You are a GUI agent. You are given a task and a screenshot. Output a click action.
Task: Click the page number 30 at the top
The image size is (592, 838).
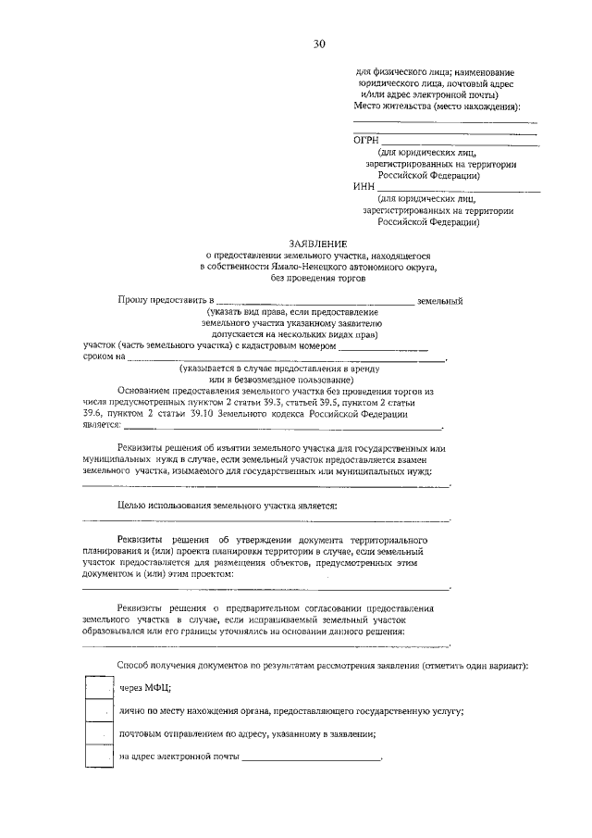pyautogui.click(x=319, y=44)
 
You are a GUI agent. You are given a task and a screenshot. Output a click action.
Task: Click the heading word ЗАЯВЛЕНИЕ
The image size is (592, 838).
pyautogui.click(x=319, y=243)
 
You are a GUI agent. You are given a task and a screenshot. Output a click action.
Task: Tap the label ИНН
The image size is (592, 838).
pyautogui.click(x=364, y=186)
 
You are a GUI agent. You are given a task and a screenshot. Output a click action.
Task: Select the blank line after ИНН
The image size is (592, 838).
pyautogui.click(x=458, y=188)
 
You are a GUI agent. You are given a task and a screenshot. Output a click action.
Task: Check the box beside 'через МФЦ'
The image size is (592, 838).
pyautogui.click(x=98, y=688)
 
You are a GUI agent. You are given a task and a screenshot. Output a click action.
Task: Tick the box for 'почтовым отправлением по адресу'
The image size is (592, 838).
pyautogui.click(x=98, y=733)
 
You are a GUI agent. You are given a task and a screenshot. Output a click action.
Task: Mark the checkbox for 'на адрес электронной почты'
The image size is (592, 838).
pyautogui.click(x=98, y=757)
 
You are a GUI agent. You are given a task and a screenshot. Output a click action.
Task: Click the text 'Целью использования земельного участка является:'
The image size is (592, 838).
pyautogui.click(x=227, y=506)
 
